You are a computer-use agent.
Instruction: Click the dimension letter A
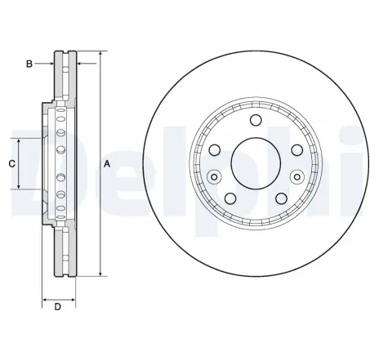click(107, 163)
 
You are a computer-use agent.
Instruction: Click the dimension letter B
click(29, 63)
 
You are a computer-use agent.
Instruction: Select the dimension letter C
click(11, 163)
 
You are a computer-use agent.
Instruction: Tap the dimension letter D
click(57, 307)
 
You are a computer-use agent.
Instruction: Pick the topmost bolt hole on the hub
click(256, 122)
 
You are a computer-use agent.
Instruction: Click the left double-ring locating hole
click(215, 176)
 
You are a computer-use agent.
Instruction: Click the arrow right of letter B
click(47, 63)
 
